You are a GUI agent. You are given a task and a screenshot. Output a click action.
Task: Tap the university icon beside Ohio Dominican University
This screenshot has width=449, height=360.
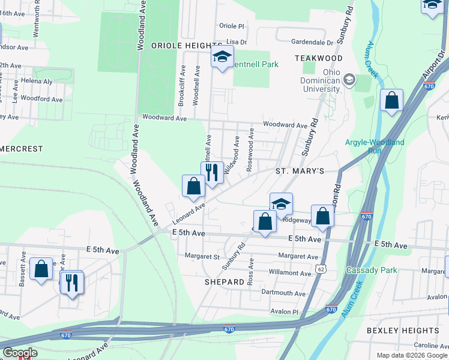349,80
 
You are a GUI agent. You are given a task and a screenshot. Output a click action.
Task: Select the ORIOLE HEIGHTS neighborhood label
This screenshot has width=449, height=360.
187,46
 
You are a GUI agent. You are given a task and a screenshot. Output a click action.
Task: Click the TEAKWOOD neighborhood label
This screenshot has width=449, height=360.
319,58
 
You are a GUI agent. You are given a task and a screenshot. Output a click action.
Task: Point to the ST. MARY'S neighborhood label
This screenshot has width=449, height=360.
300,171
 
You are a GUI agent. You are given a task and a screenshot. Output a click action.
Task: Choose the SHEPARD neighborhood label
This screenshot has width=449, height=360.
224,281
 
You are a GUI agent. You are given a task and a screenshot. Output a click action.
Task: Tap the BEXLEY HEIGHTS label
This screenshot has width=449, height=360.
411,331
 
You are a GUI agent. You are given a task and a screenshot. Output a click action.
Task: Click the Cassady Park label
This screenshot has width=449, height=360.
372,270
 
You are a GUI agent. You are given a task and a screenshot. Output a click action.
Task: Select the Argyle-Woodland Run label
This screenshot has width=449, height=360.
375,146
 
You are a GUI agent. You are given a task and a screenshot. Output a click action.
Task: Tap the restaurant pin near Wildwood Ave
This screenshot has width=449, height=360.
212,172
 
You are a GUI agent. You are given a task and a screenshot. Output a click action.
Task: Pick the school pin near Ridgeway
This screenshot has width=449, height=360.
280,203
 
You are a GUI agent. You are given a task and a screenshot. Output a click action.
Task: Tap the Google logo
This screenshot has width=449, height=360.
20,353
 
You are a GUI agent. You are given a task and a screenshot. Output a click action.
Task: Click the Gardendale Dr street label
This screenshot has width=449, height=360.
312,43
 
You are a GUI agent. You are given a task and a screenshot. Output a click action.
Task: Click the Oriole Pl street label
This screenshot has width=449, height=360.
232,26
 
